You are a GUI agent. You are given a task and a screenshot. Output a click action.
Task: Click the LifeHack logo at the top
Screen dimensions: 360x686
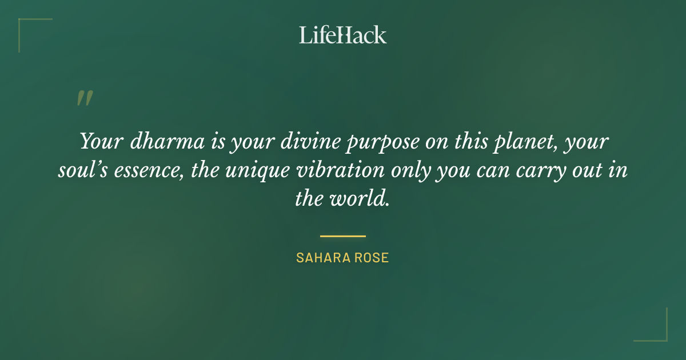[342, 35]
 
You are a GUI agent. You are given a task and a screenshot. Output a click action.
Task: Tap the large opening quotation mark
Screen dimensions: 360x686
[85, 98]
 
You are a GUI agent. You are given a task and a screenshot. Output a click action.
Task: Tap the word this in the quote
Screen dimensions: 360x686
[469, 141]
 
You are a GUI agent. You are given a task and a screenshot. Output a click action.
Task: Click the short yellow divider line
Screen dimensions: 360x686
[342, 235]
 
